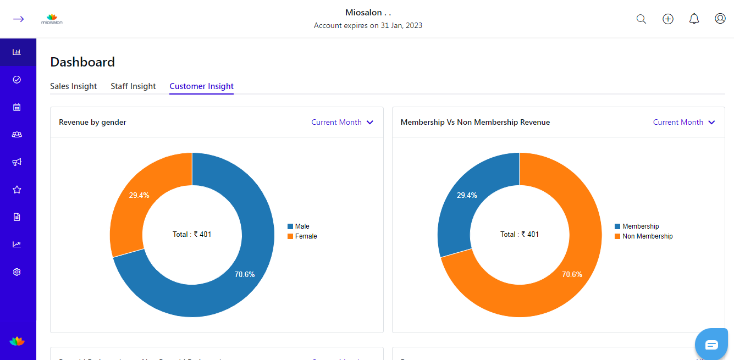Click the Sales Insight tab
click(73, 86)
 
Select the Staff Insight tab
click(133, 86)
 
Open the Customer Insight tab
click(201, 86)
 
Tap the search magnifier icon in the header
click(641, 19)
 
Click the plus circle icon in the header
click(668, 19)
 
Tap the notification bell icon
click(694, 19)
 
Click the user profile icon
click(720, 19)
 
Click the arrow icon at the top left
click(18, 19)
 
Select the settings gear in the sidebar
click(17, 272)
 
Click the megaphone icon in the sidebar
click(17, 162)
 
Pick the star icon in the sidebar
click(17, 190)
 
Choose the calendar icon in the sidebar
click(17, 107)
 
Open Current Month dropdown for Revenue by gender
click(342, 122)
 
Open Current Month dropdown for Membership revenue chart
click(684, 122)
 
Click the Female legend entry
click(306, 236)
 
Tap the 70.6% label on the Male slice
click(245, 274)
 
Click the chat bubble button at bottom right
click(711, 345)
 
